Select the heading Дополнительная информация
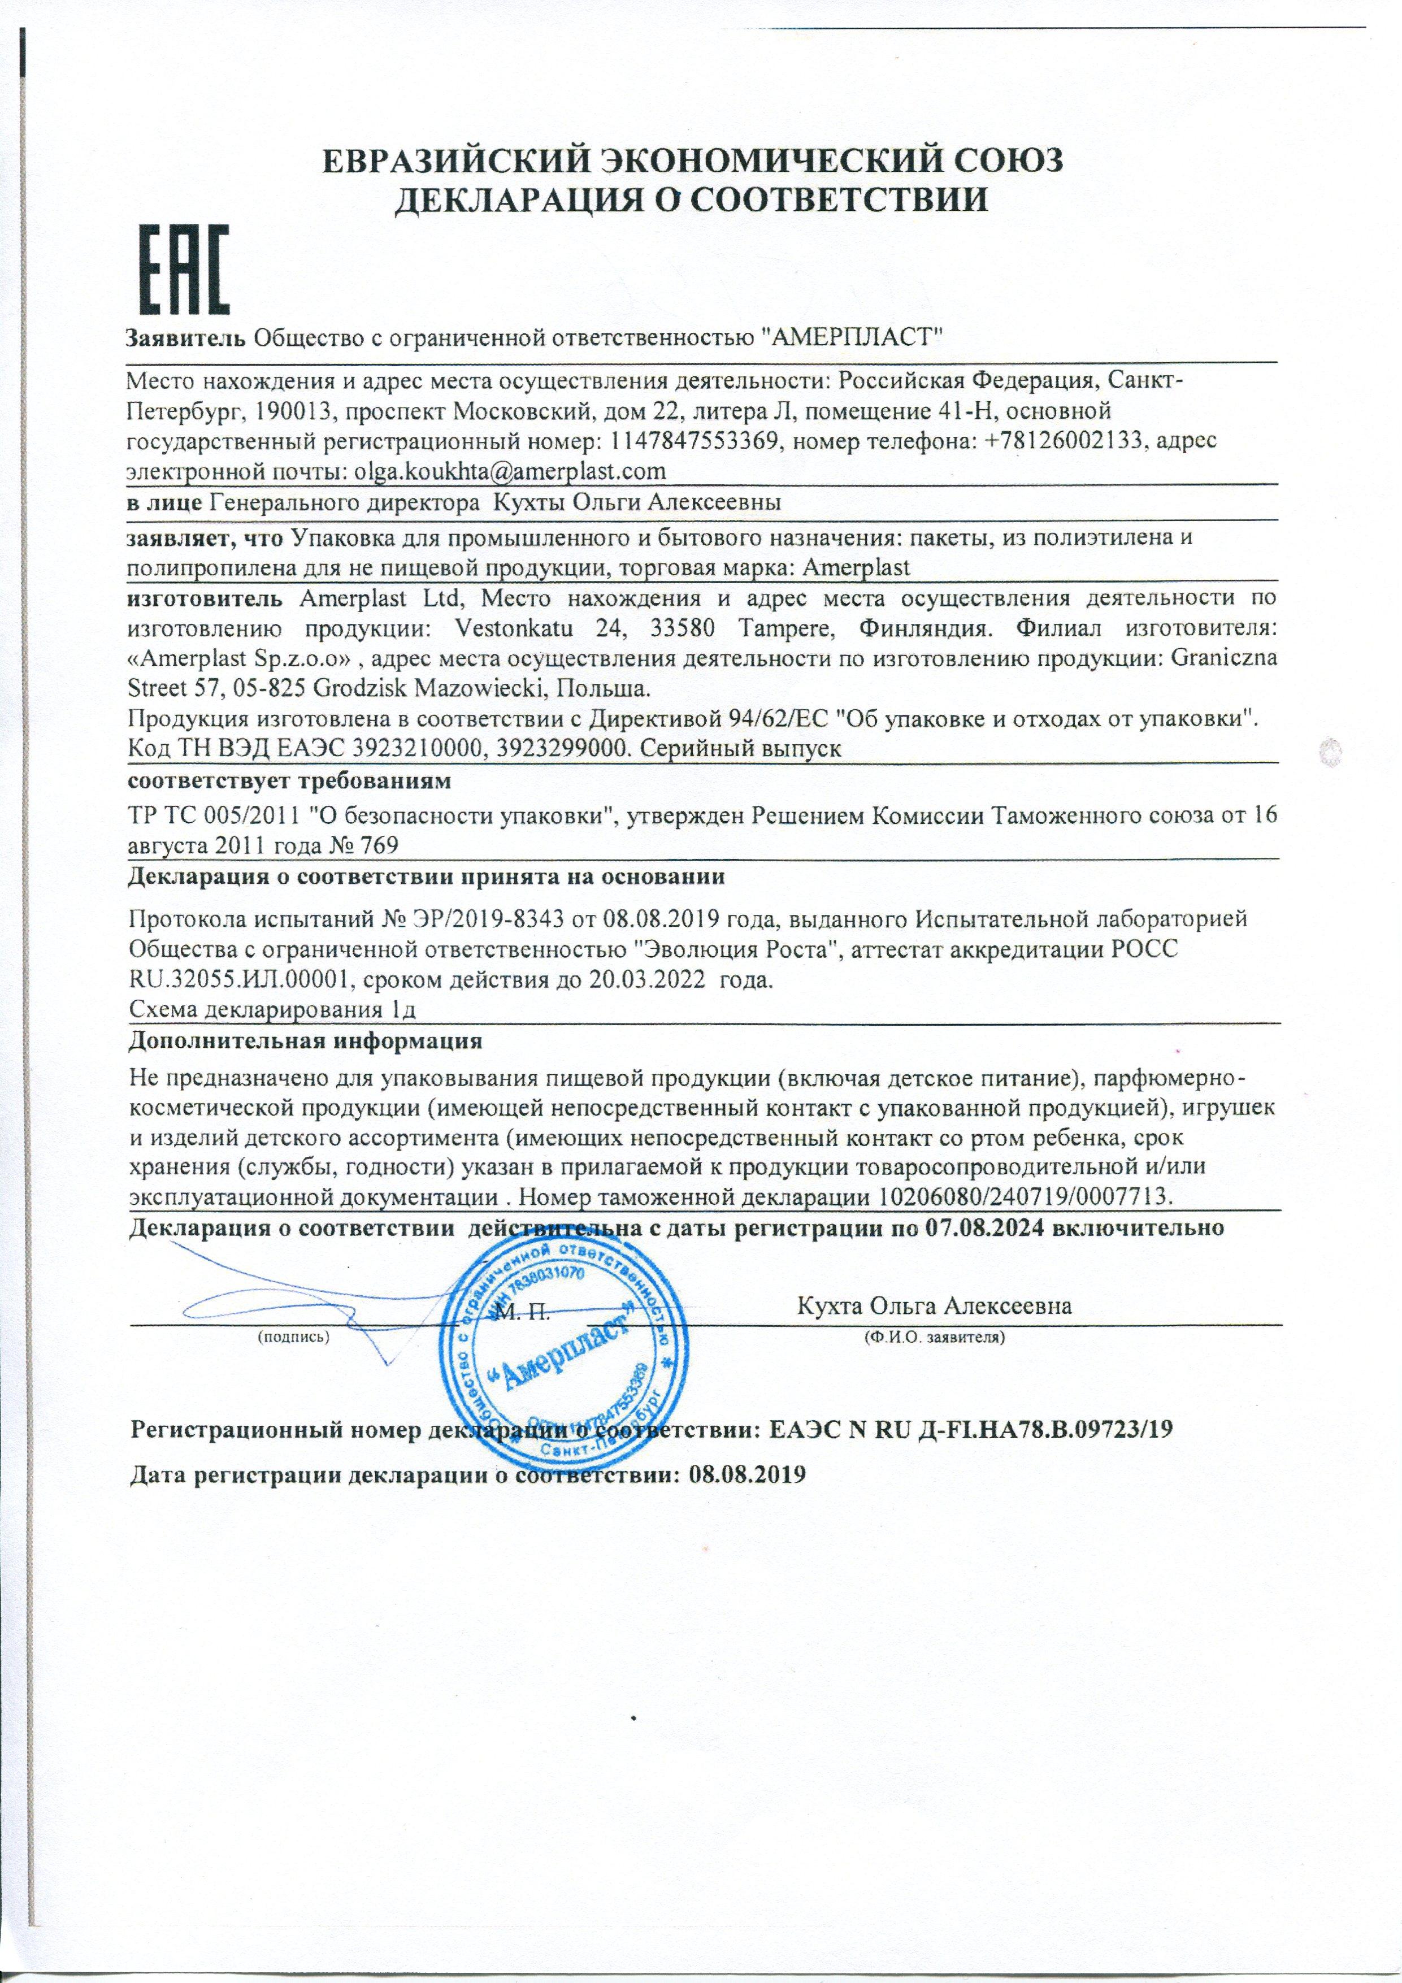304,1041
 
